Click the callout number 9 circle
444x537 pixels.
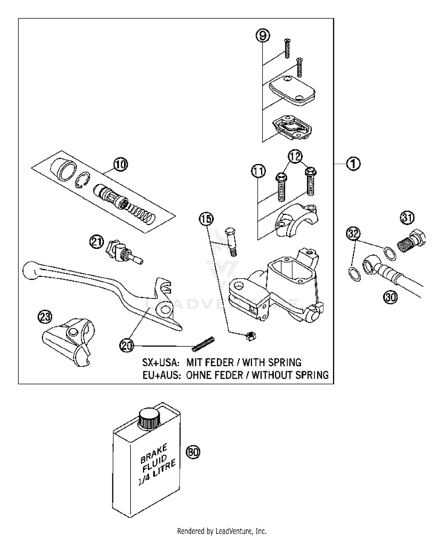(x=263, y=36)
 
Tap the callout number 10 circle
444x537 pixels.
(x=120, y=164)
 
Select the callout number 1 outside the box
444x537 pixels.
(x=353, y=163)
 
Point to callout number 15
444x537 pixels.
(x=206, y=219)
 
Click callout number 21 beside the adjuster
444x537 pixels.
(x=97, y=243)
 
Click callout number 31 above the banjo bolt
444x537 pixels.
(x=408, y=218)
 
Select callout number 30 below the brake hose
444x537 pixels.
(x=391, y=297)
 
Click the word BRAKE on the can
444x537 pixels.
(x=154, y=453)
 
